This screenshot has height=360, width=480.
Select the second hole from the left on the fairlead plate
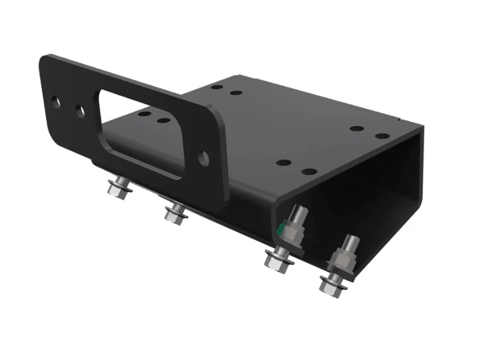click(x=80, y=110)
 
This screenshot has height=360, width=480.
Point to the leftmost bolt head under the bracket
click(x=119, y=189)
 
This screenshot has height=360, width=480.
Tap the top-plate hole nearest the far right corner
click(x=381, y=135)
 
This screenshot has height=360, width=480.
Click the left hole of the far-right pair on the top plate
click(x=356, y=129)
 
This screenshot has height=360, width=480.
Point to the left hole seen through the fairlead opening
click(x=144, y=114)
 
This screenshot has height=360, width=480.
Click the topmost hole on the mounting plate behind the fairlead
click(x=217, y=87)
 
